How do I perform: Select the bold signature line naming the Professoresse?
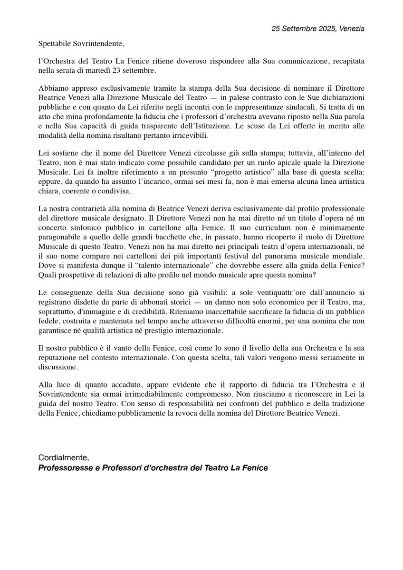pos(153,468)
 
